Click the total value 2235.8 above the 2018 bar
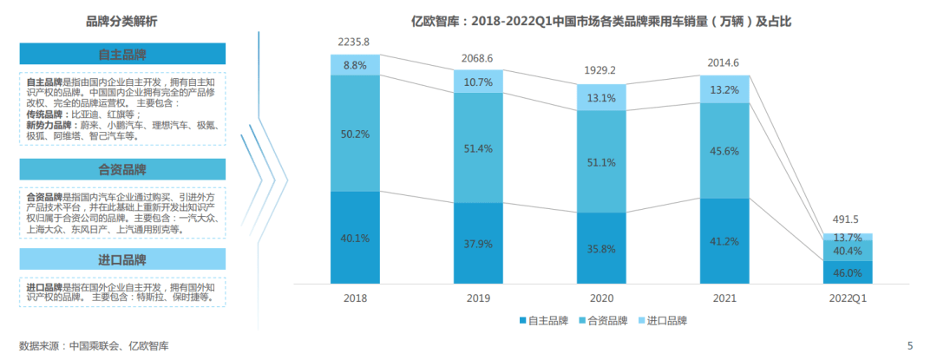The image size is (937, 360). (356, 41)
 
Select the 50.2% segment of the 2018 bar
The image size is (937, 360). (356, 133)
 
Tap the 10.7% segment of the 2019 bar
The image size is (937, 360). (479, 82)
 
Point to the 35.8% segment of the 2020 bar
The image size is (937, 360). (600, 248)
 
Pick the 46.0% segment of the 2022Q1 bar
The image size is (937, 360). (847, 272)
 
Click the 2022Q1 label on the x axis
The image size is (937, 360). (847, 298)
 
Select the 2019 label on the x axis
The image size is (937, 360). (479, 298)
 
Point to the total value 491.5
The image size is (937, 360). (847, 220)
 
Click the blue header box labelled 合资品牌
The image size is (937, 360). (122, 169)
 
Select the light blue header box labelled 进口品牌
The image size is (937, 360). (122, 260)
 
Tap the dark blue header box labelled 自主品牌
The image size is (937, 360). (122, 55)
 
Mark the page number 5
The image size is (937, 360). (910, 346)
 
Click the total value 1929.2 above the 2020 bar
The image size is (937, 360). (600, 70)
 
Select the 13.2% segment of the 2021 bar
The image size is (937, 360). (724, 89)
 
